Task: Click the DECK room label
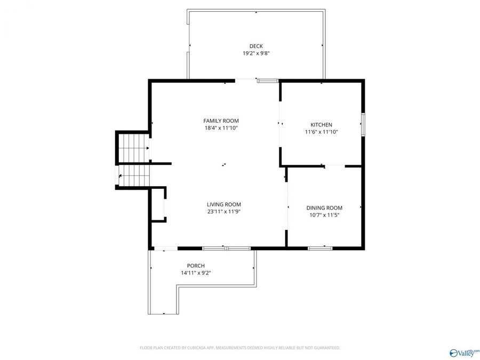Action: (x=256, y=46)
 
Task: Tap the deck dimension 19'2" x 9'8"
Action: (x=256, y=53)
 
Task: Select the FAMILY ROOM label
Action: (x=221, y=121)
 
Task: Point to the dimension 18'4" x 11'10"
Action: (x=221, y=128)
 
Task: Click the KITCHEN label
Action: (x=321, y=124)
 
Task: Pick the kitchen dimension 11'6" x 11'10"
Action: (x=321, y=132)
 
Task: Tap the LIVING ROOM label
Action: (x=224, y=204)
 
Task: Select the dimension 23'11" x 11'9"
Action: (x=224, y=212)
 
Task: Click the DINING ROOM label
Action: (x=324, y=207)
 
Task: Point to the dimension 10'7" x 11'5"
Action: (x=324, y=215)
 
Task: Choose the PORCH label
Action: (x=196, y=266)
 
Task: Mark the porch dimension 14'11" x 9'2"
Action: (x=196, y=273)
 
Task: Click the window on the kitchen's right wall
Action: (x=363, y=124)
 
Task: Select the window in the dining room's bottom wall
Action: (x=320, y=248)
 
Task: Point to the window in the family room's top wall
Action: (x=267, y=81)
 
